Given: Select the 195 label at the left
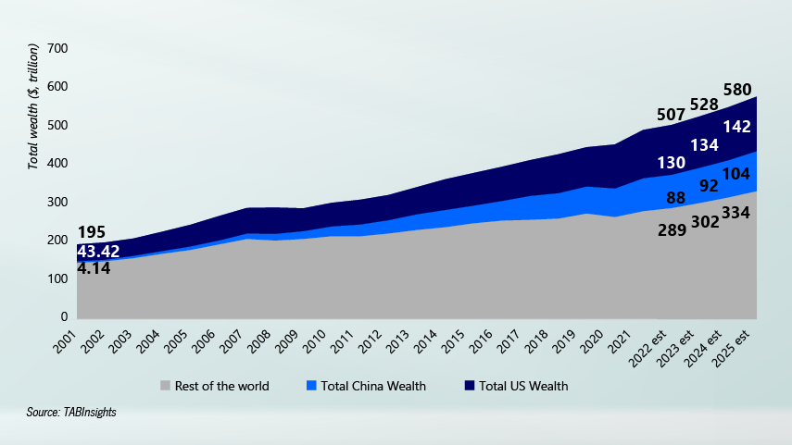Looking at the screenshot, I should tap(92, 232).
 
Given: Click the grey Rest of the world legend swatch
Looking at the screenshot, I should tap(166, 386).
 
